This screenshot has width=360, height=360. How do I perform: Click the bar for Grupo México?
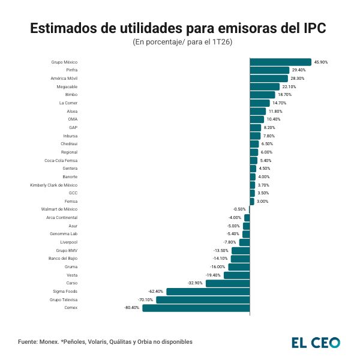(280, 62)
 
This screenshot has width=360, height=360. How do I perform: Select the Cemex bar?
(196, 308)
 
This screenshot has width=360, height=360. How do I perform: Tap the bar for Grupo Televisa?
(203, 299)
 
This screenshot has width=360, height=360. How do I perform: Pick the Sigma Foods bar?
(208, 291)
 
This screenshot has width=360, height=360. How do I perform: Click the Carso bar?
(227, 283)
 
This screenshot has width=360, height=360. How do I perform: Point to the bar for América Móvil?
(269, 78)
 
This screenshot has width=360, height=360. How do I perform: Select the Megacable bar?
(265, 86)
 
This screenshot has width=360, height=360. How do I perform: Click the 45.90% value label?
(321, 62)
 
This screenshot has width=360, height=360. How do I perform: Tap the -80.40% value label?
(131, 308)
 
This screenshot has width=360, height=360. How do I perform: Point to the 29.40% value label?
(299, 70)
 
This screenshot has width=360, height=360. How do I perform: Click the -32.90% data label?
(195, 283)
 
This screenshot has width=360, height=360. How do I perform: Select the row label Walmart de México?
(59, 209)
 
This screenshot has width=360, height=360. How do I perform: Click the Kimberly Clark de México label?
(54, 185)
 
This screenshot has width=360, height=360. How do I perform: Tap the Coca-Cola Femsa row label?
(61, 160)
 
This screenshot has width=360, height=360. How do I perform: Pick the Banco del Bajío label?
(63, 259)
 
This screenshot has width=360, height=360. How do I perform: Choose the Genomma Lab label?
(65, 234)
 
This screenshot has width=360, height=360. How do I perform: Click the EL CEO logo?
(316, 343)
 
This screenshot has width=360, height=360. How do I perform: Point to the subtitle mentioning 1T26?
(182, 43)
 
